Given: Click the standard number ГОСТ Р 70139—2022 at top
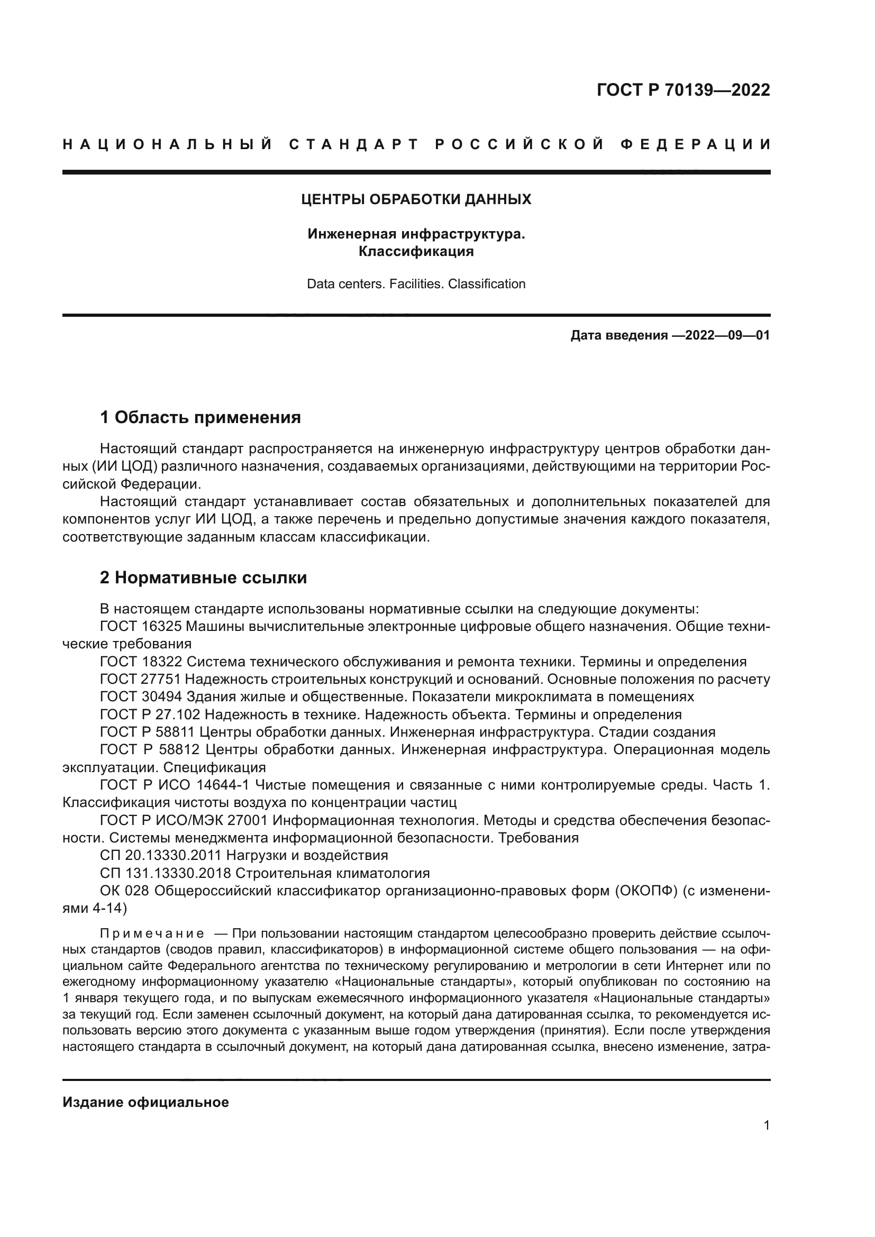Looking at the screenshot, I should click(682, 90).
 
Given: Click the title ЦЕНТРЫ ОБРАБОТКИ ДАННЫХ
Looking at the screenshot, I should click(416, 200).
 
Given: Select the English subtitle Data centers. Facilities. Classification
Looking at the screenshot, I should click(416, 284).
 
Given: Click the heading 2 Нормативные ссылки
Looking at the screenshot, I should click(204, 578).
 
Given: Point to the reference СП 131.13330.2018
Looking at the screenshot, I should click(165, 873).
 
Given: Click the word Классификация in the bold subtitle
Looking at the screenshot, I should click(416, 252).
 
